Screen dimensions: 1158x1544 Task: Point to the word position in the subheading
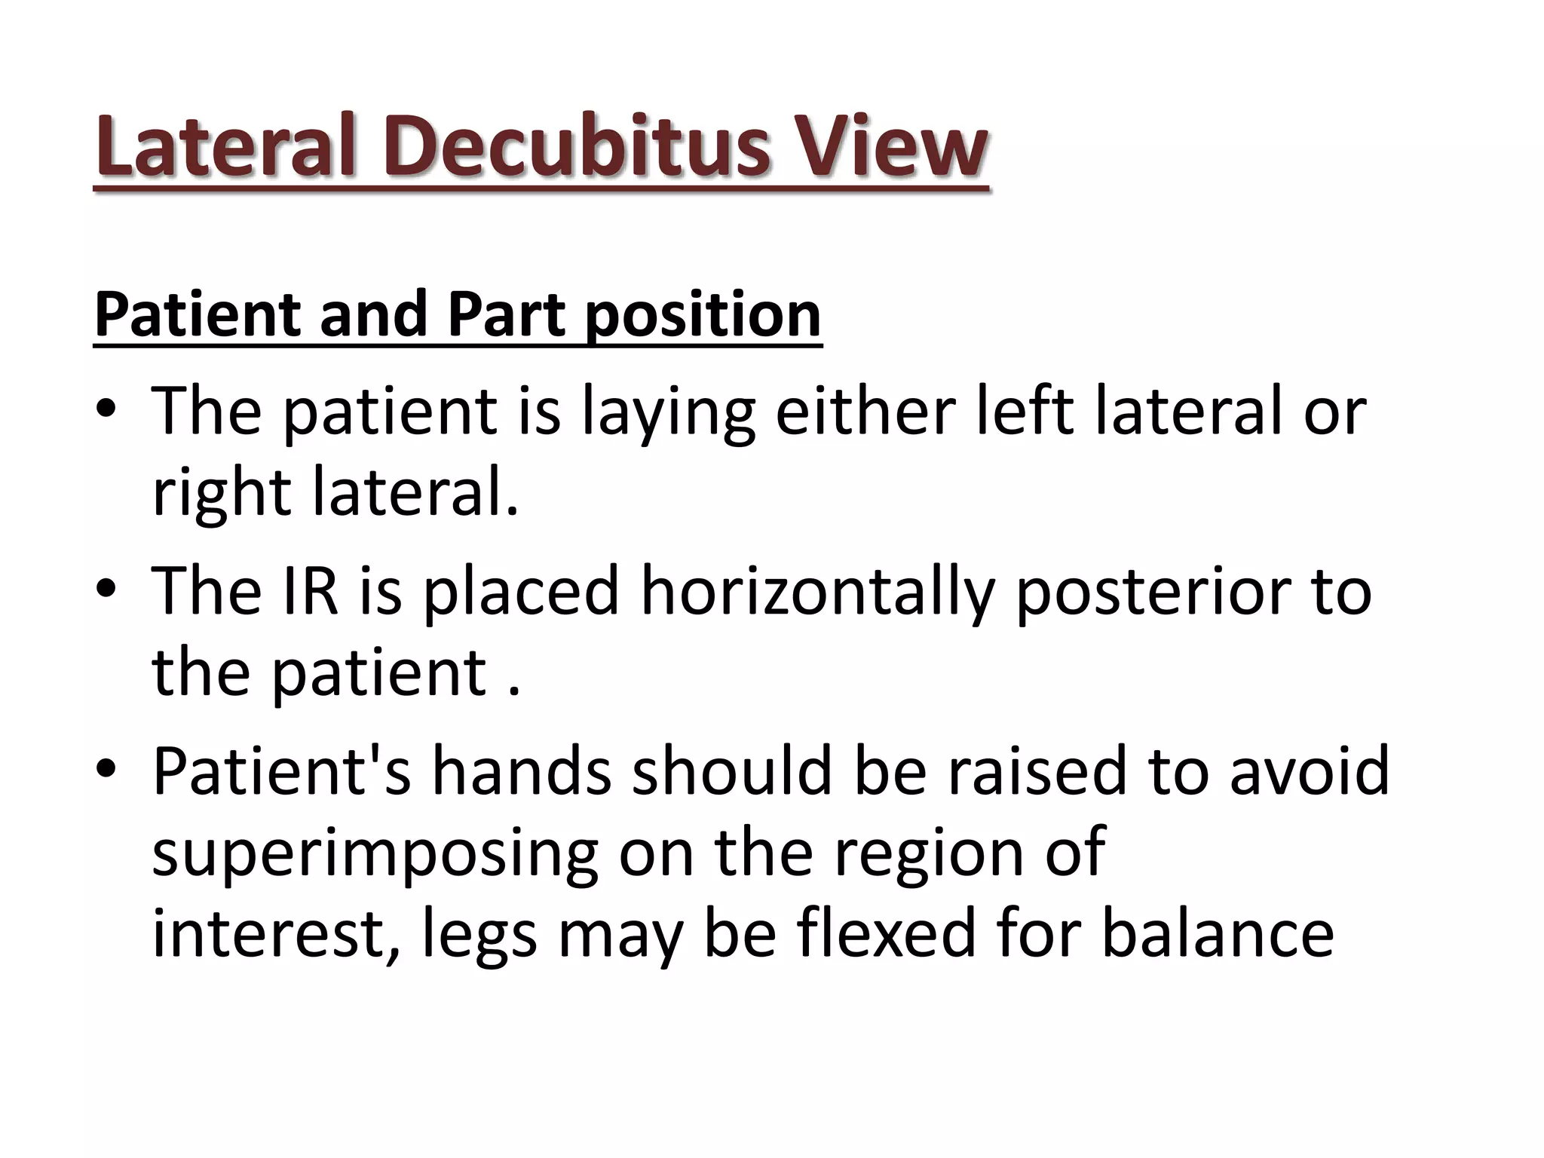point(703,315)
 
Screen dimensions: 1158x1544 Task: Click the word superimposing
point(375,853)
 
